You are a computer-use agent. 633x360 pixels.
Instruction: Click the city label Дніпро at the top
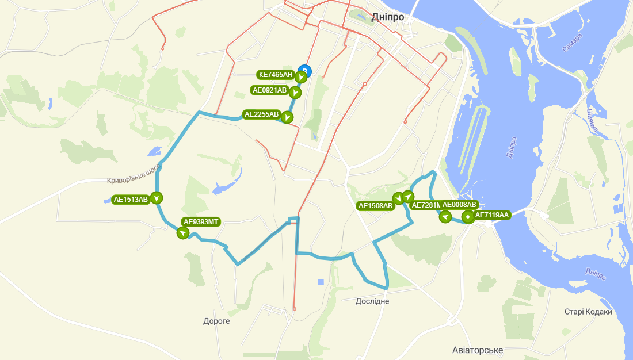pyautogui.click(x=387, y=17)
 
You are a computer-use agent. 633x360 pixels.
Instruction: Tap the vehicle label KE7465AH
pyautogui.click(x=276, y=75)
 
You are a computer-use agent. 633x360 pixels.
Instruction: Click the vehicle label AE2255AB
pyautogui.click(x=262, y=114)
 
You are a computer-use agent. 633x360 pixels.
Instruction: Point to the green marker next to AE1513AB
pyautogui.click(x=157, y=198)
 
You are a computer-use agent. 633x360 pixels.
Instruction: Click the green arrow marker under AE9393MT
pyautogui.click(x=183, y=233)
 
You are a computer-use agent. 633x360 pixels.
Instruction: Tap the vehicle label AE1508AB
pyautogui.click(x=375, y=205)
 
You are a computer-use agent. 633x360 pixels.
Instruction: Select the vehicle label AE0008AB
pyautogui.click(x=459, y=205)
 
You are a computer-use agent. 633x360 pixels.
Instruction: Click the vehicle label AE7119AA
pyautogui.click(x=492, y=215)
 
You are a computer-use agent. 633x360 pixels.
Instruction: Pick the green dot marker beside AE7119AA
pyautogui.click(x=468, y=217)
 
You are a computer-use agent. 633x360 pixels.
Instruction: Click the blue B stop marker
pyautogui.click(x=306, y=71)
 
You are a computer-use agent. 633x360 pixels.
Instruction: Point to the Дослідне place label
pyautogui.click(x=372, y=301)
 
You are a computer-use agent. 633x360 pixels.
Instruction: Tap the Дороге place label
pyautogui.click(x=216, y=321)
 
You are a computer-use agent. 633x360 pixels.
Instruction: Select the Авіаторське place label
pyautogui.click(x=478, y=350)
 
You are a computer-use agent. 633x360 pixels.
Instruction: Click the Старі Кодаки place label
pyautogui.click(x=588, y=312)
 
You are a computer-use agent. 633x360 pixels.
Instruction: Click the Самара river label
pyautogui.click(x=573, y=43)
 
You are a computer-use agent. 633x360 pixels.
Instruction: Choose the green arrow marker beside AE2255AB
pyautogui.click(x=287, y=117)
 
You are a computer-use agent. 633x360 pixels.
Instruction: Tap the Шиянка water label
pyautogui.click(x=593, y=120)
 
